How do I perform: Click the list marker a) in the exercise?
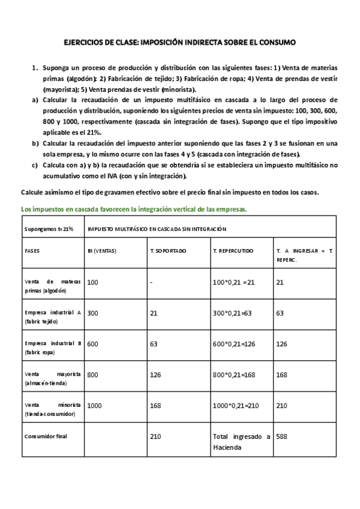pos(35,99)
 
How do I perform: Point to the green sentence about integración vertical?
pos(134,209)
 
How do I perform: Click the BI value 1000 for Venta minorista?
pos(94,405)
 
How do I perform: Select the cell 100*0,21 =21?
pos(234,282)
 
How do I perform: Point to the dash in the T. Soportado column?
pos(151,282)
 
